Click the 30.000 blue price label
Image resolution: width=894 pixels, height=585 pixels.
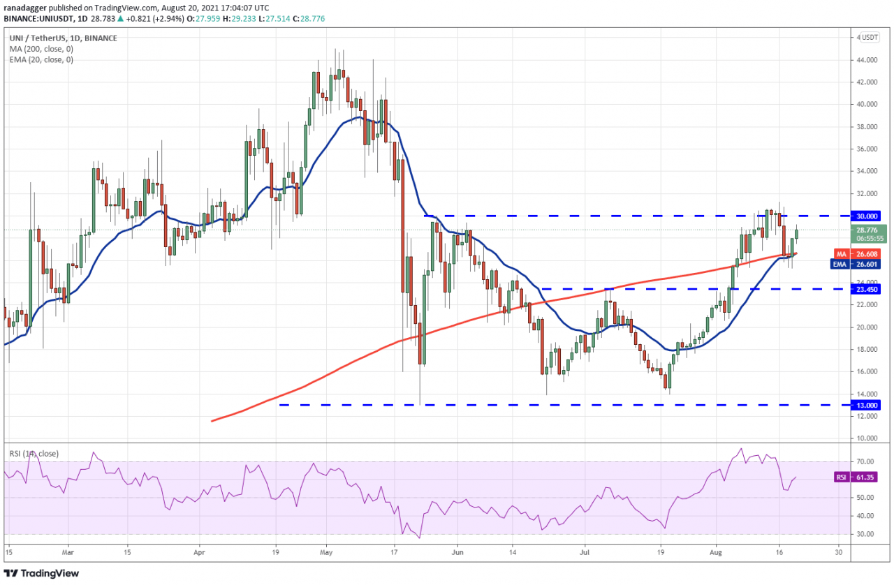click(866, 216)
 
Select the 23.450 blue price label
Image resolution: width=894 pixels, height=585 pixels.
click(866, 288)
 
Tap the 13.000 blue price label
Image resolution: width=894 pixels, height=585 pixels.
click(866, 405)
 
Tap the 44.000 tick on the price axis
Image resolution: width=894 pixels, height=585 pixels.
click(869, 60)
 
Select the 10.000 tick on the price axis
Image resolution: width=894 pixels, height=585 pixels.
click(869, 438)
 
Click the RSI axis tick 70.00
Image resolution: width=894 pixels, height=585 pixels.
click(867, 461)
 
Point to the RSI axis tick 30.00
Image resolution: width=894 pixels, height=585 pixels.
click(867, 534)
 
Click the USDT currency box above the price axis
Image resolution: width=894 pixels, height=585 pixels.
click(870, 37)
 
